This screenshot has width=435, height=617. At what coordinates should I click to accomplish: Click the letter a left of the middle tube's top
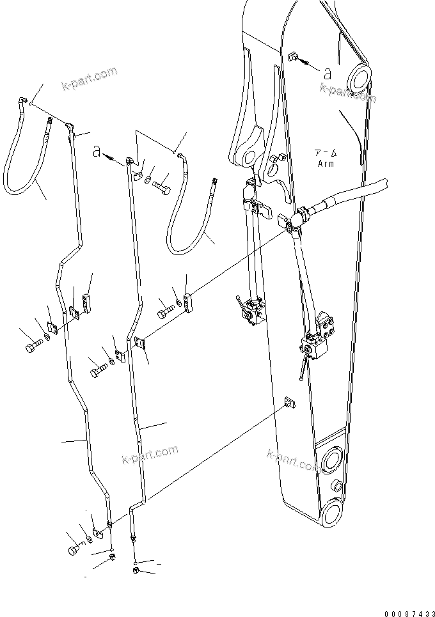coord(97,152)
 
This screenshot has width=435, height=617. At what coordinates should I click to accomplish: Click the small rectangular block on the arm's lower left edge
coord(289,402)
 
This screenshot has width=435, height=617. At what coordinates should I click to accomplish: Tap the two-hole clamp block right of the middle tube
coord(187,304)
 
